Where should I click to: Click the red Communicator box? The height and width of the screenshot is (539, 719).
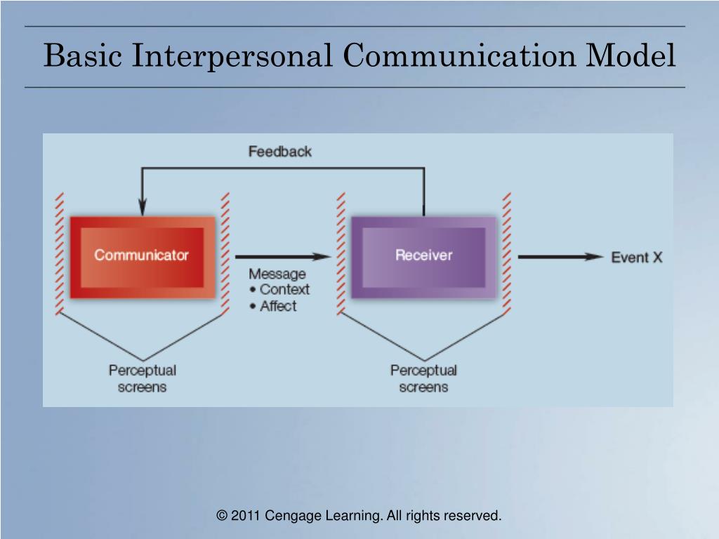click(x=143, y=255)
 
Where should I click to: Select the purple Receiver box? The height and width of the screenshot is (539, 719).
click(x=423, y=255)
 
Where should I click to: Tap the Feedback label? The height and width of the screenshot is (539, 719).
click(x=279, y=151)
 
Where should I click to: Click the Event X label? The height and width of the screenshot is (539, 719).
click(x=636, y=258)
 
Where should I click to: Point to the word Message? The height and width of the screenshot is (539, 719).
click(x=277, y=274)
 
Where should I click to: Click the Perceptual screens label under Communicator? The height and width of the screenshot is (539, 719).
click(x=142, y=378)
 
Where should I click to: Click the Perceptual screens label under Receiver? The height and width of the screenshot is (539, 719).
click(x=423, y=378)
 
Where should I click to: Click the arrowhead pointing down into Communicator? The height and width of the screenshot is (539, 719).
click(x=143, y=207)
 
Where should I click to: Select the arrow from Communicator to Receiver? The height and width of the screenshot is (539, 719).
click(x=281, y=257)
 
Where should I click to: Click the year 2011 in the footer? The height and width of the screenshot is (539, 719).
click(x=246, y=516)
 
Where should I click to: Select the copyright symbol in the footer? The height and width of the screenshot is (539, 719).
click(x=222, y=516)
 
